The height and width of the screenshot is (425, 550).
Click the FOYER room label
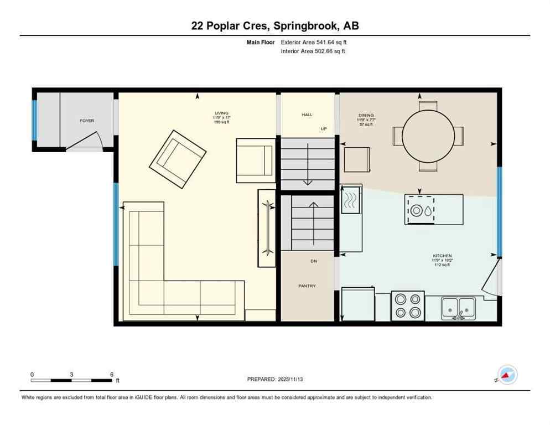coord(87,121)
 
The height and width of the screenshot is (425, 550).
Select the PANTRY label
coord(307,286)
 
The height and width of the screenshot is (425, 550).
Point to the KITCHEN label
coord(442,256)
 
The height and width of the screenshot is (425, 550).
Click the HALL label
coord(307,115)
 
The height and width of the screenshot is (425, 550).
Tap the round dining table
coord(428,136)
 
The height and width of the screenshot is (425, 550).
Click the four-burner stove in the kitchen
coord(408,305)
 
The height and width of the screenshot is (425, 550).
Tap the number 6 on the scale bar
coord(112,375)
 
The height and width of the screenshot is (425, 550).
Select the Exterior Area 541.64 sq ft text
coord(314,42)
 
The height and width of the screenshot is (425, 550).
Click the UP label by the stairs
coord(324,128)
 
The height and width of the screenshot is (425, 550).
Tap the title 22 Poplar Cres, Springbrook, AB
coord(275,25)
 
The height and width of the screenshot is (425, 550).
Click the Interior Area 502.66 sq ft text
coord(313,51)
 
